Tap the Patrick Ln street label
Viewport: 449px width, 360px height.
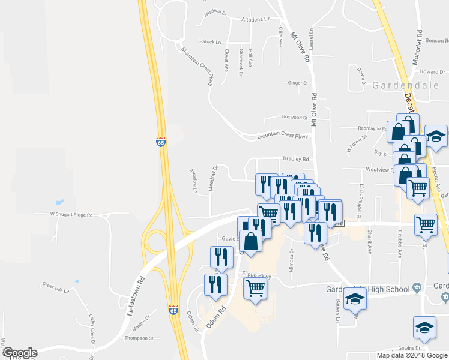(x=211, y=42)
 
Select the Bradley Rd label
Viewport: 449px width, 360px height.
(x=296, y=160)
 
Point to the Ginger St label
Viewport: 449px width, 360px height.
(x=298, y=83)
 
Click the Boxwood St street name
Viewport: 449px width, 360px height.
(x=294, y=118)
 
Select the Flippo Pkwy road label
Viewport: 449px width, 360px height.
(x=256, y=276)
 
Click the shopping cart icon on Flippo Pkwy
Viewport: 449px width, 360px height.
(x=256, y=287)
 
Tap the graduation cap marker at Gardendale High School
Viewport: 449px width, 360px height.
(x=355, y=298)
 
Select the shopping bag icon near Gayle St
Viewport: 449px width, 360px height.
(x=250, y=242)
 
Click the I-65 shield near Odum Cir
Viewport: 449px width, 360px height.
(x=173, y=310)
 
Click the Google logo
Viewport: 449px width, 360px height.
(x=19, y=353)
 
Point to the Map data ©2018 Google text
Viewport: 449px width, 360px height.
(x=411, y=355)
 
